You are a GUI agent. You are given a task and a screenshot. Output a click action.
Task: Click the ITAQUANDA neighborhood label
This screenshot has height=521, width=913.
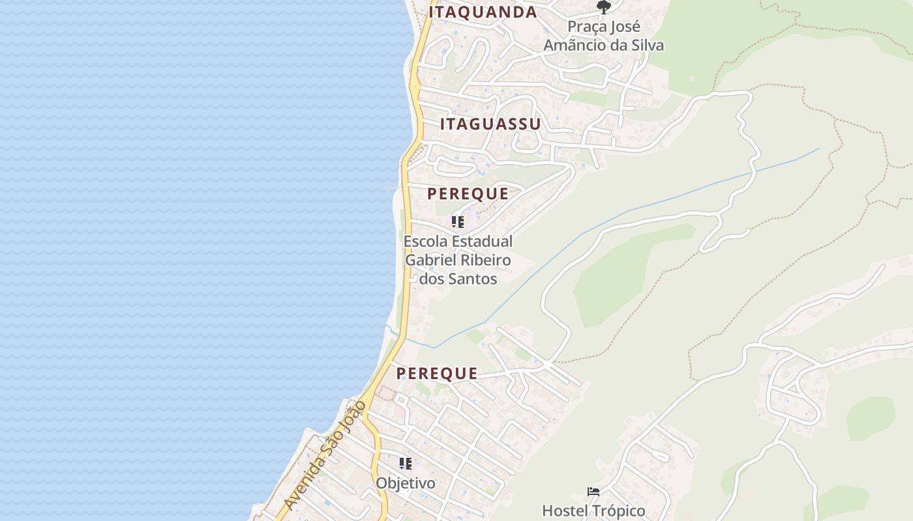pos(483,12)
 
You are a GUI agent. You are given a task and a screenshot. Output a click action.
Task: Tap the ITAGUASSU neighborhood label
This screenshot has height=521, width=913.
pos(490,124)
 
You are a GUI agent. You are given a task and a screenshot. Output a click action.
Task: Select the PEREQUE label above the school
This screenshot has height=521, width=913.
pos(468,193)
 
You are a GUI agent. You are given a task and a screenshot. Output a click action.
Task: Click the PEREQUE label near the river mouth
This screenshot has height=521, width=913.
pos(437,373)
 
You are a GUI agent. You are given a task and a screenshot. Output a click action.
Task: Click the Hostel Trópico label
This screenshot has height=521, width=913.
pos(593,511)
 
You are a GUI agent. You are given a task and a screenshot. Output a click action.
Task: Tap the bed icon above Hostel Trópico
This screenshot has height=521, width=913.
pos(593,492)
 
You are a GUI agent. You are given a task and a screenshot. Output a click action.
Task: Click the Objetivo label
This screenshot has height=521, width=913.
pos(406,483)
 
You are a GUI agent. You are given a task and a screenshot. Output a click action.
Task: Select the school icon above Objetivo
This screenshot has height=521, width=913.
pos(406,464)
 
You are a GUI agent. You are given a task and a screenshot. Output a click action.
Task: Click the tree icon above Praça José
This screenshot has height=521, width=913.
pos(604,7)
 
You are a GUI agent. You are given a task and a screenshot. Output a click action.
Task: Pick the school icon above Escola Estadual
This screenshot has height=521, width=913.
pos(458,222)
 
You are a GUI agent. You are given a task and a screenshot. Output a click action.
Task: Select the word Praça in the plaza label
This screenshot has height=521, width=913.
pos(586,27)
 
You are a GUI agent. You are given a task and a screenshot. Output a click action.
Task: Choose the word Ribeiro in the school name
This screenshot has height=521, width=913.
pos(485,260)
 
